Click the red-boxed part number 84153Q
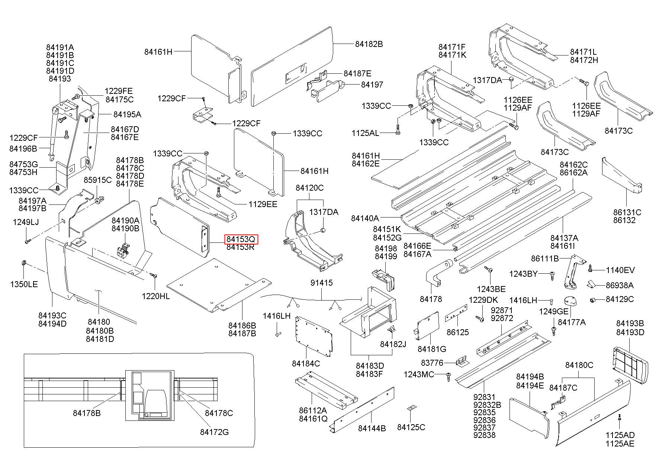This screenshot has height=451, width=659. pos(241,239)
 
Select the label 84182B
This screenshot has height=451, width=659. pos(369,44)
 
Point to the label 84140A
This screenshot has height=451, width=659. pos(365,218)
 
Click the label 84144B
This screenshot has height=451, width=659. pos(372,428)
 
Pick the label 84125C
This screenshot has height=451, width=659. pos(411,427)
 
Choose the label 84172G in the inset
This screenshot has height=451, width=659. pos(214,432)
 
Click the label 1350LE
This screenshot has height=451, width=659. pos(24,285)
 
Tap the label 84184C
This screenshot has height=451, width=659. pos(306,363)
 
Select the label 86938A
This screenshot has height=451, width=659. pos(620,286)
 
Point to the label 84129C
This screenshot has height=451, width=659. pos(620,299)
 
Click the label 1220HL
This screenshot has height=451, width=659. pos(155,296)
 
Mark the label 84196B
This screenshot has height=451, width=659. pos(23,149)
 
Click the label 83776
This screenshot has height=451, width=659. pos(432,362)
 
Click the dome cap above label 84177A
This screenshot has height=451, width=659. pos(570,301)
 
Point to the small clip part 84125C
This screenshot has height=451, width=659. pos(411,409)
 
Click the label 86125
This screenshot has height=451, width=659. pos(457,332)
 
